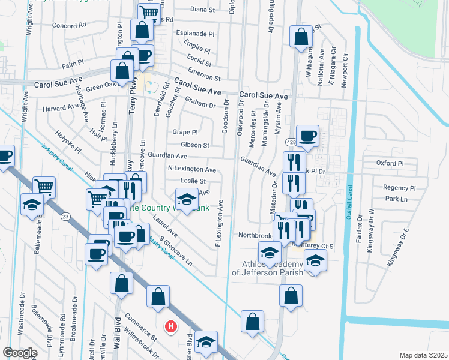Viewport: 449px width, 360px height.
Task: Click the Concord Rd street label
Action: click(x=70, y=26)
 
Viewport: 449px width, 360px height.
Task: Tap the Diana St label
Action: click(x=202, y=10)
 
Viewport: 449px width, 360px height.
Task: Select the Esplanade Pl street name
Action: click(x=194, y=34)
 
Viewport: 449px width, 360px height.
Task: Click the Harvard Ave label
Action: click(x=61, y=109)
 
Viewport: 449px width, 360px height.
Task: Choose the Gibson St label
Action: click(x=195, y=145)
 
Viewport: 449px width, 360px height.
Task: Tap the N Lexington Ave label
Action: click(x=191, y=170)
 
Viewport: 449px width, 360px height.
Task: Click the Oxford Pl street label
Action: click(x=390, y=163)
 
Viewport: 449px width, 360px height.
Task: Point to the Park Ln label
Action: click(x=396, y=199)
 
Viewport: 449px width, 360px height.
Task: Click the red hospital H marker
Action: click(x=171, y=326)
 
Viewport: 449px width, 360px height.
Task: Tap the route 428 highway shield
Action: click(x=291, y=142)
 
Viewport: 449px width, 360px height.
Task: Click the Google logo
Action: click(x=20, y=353)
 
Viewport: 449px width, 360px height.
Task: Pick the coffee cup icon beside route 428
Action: click(x=307, y=135)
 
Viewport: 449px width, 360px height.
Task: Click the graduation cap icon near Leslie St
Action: click(x=187, y=199)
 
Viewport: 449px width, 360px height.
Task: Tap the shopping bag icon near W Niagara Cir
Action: click(x=300, y=35)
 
